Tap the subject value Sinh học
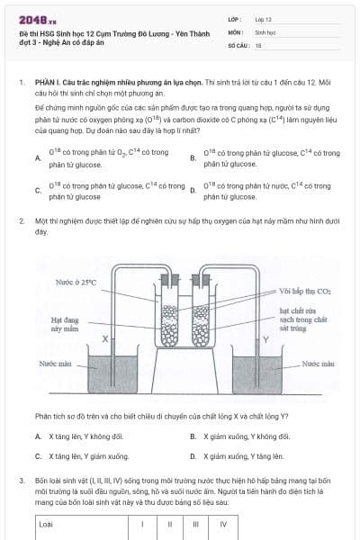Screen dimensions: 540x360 tap(266, 31)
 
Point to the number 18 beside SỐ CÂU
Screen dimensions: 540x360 tap(258, 44)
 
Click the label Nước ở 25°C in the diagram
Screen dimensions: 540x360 tap(76, 283)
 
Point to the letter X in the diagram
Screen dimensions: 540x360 tap(105, 339)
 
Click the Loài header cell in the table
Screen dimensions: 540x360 tap(47, 523)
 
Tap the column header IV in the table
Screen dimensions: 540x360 tap(223, 523)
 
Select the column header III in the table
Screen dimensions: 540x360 tap(195, 523)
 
